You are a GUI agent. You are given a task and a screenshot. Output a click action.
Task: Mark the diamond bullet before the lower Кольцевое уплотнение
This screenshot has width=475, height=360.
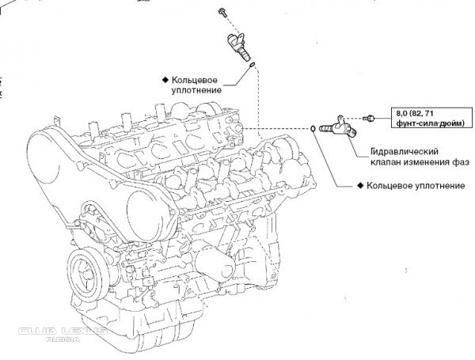click(x=359, y=187)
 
